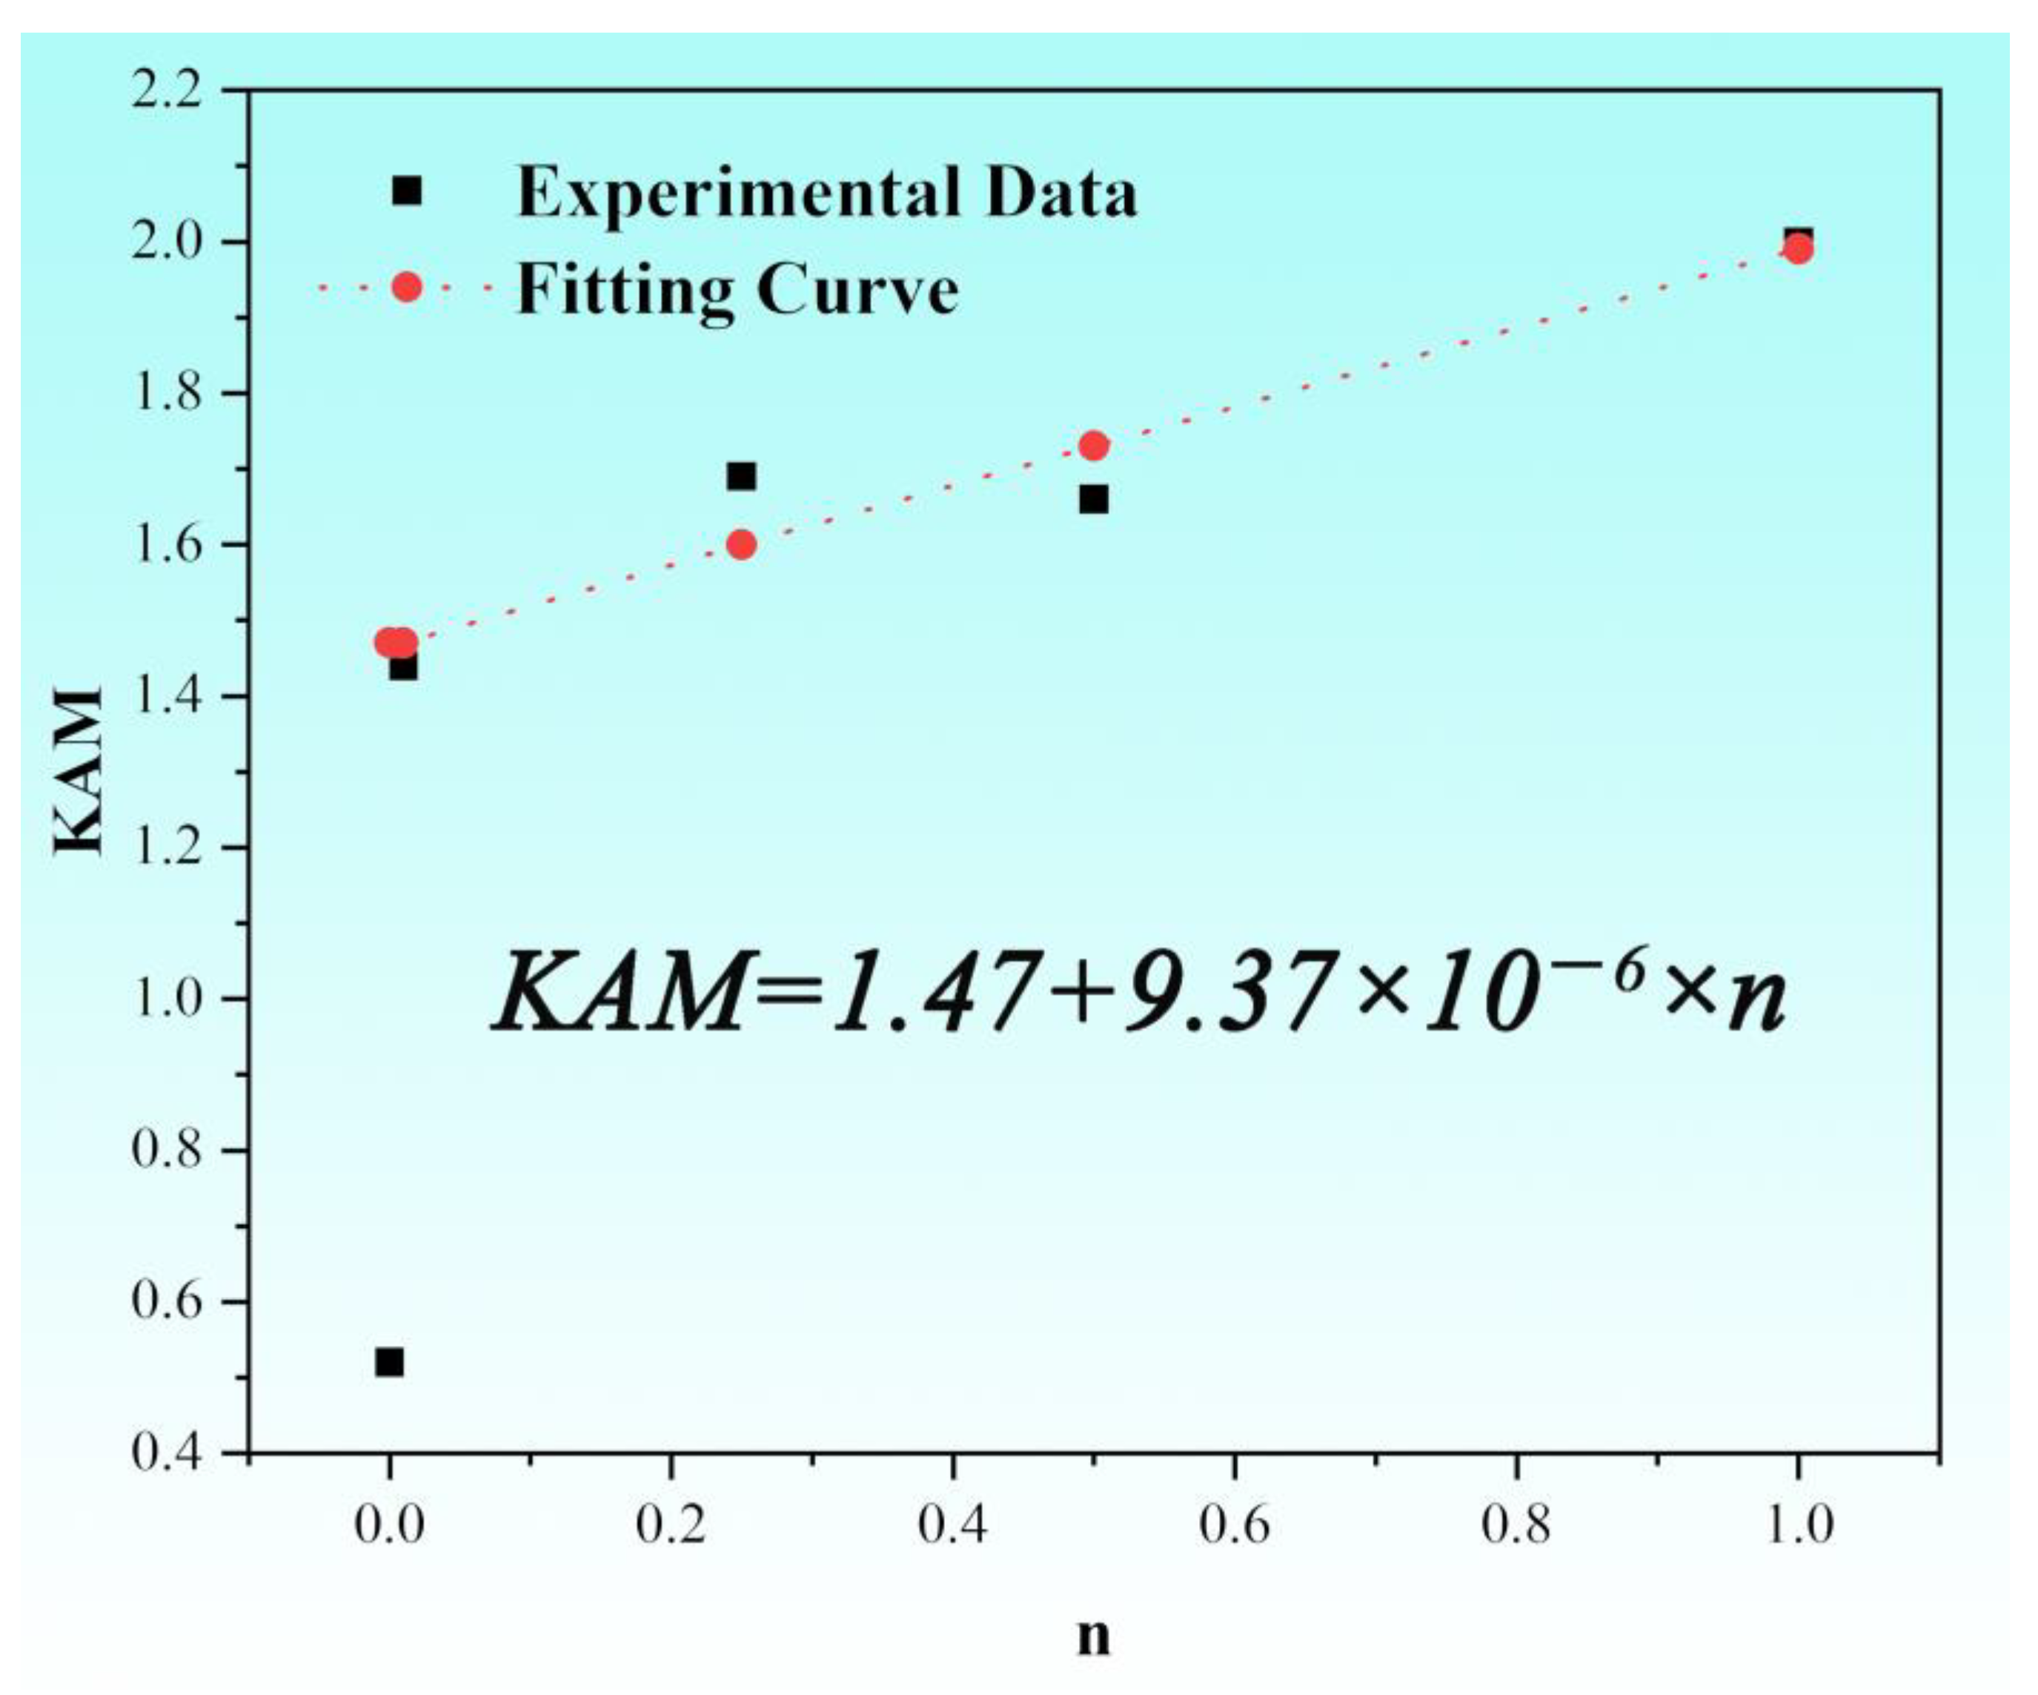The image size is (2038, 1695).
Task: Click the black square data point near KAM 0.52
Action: (389, 1362)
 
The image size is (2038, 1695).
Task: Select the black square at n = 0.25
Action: (741, 476)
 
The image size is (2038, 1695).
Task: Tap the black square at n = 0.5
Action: (1094, 499)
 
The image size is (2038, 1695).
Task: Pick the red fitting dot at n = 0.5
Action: (1094, 446)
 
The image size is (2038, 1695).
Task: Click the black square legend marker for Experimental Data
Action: (408, 191)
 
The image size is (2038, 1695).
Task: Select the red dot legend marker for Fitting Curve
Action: (408, 286)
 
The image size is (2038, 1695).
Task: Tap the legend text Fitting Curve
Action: (737, 288)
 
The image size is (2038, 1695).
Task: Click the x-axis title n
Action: (1094, 1636)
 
